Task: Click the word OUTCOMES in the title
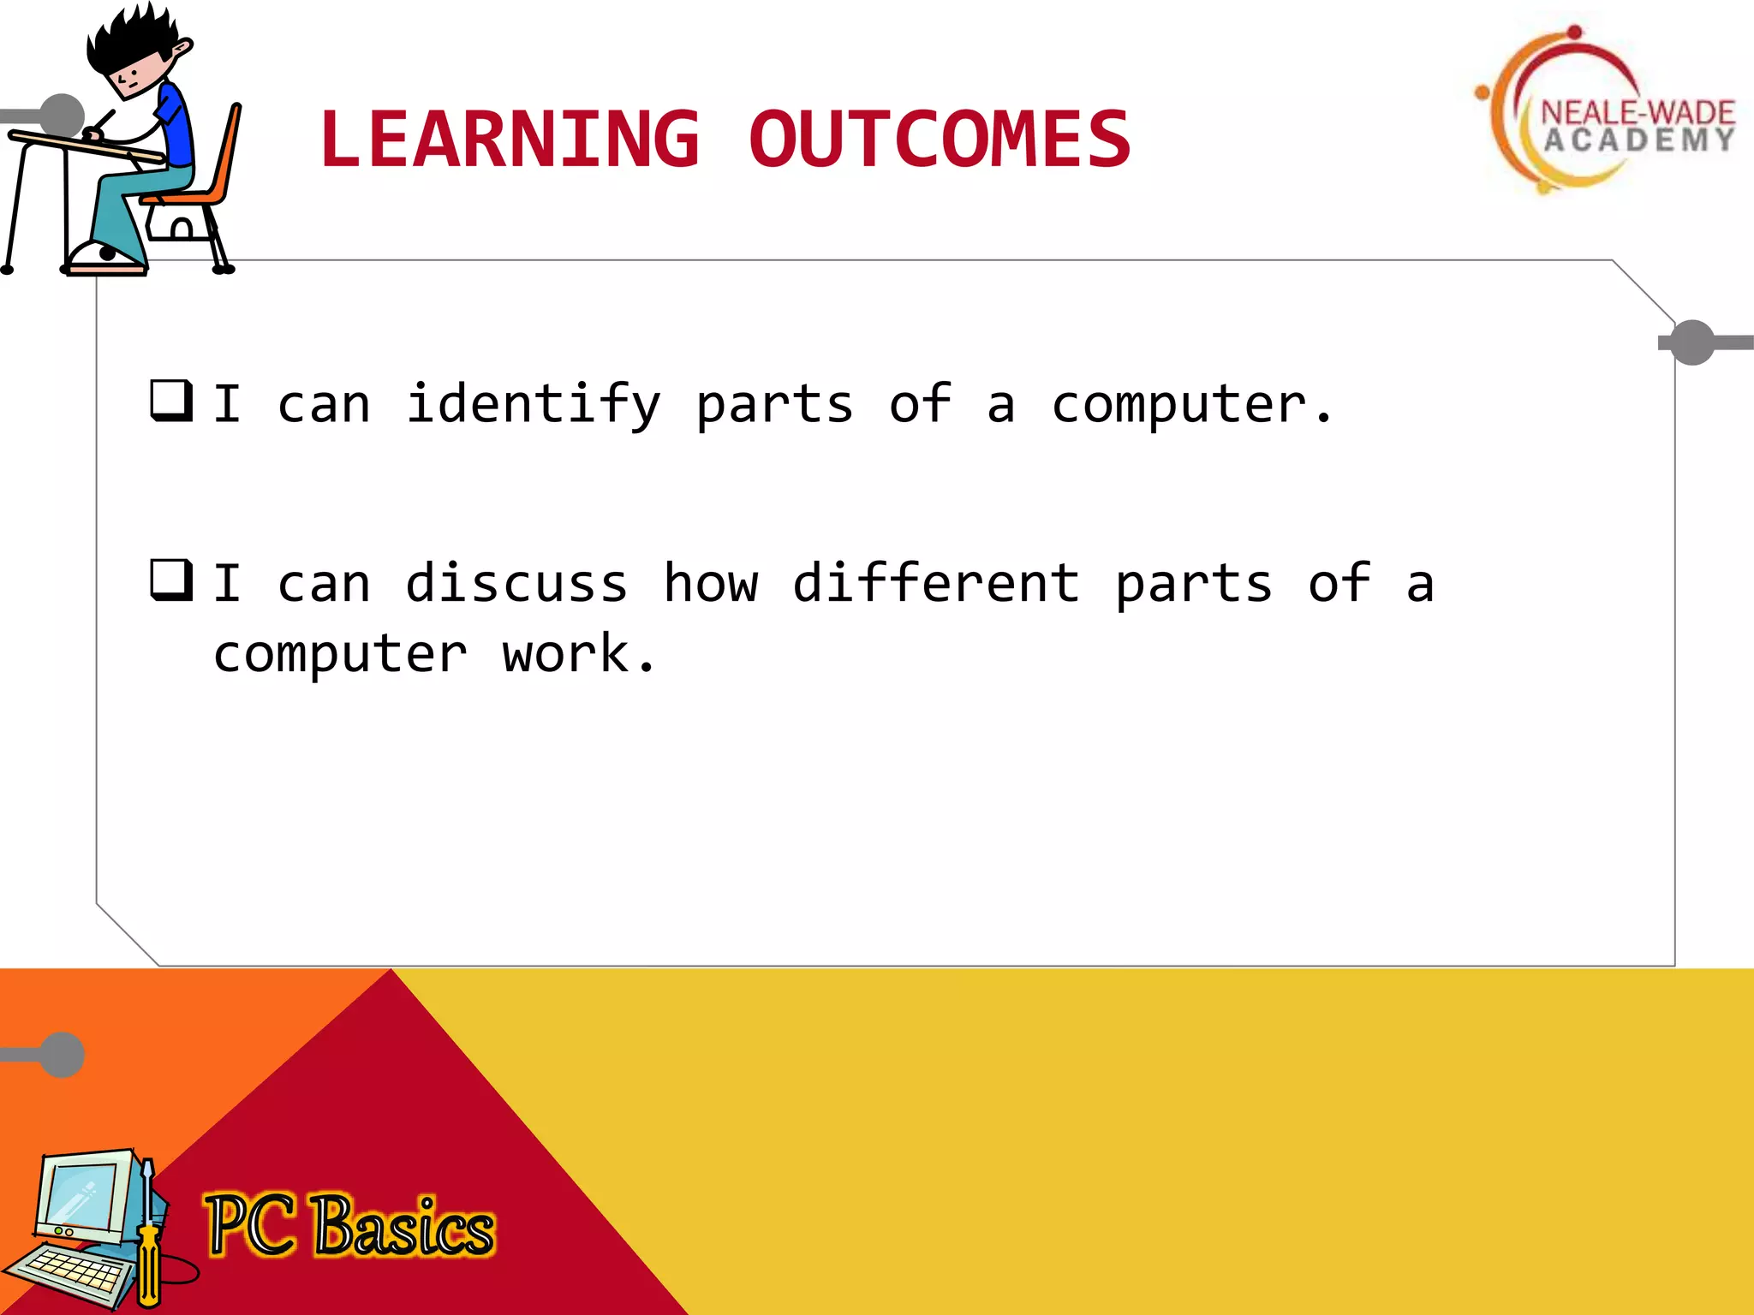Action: click(940, 140)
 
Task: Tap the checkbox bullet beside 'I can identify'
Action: click(170, 400)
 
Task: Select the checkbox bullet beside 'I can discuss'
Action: click(170, 580)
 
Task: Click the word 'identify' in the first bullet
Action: click(534, 404)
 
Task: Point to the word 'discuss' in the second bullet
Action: click(516, 584)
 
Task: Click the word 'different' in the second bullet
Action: click(935, 584)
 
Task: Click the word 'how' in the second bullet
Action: click(711, 584)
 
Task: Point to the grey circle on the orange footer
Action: click(63, 1055)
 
